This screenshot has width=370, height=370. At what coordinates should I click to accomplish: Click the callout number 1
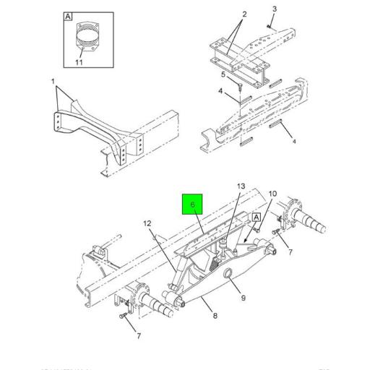[53, 82]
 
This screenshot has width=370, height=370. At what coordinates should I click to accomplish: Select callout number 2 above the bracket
[244, 14]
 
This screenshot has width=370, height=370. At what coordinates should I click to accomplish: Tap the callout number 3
[274, 9]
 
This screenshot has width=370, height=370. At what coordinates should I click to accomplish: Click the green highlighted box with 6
[193, 205]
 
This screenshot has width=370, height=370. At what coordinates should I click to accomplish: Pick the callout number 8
[215, 316]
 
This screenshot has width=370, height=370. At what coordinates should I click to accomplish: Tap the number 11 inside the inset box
[87, 63]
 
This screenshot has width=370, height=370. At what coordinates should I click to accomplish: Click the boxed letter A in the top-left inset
[68, 15]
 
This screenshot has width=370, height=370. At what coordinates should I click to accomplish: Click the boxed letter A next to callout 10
[255, 217]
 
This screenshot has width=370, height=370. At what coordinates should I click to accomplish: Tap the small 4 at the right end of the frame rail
[293, 142]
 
